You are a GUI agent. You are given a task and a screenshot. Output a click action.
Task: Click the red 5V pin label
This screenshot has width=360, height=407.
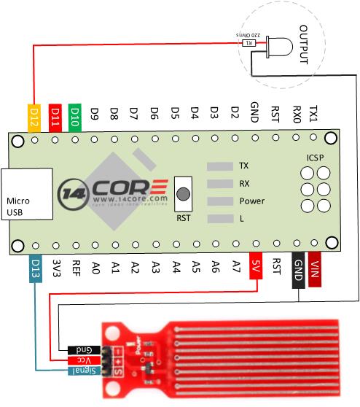click(x=255, y=266)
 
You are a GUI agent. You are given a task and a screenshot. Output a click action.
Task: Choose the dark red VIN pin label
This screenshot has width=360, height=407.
click(x=315, y=269)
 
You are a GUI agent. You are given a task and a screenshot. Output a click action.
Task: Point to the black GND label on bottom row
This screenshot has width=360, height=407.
click(x=297, y=269)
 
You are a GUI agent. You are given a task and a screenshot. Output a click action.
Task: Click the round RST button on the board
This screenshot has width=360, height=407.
click(x=184, y=195)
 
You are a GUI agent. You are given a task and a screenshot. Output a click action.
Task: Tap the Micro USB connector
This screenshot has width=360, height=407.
click(x=26, y=194)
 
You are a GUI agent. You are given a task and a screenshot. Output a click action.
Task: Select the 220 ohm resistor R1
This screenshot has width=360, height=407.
click(x=249, y=43)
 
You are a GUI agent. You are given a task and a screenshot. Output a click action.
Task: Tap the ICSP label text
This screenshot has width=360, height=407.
click(x=315, y=158)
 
